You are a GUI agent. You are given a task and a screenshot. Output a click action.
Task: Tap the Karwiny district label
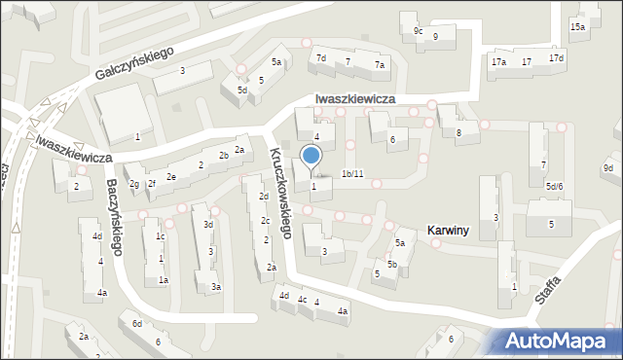(448, 231)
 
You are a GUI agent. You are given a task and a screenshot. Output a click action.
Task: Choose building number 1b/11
(352, 174)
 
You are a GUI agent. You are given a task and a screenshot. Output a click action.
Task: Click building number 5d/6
(554, 186)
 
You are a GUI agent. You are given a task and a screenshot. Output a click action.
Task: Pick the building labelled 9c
(418, 31)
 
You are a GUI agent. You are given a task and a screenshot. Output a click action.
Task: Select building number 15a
(578, 26)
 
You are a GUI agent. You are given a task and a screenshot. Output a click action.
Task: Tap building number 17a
(498, 62)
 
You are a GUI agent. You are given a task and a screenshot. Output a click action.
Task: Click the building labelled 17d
(556, 58)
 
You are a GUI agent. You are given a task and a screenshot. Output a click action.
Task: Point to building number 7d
(320, 58)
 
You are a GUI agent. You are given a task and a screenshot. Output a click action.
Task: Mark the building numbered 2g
(134, 184)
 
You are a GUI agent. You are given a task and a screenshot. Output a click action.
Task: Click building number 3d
(208, 225)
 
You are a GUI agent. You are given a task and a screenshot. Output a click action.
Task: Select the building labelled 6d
(137, 323)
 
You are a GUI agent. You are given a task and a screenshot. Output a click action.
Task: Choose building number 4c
(303, 300)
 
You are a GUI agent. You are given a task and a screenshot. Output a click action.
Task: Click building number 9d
(607, 168)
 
